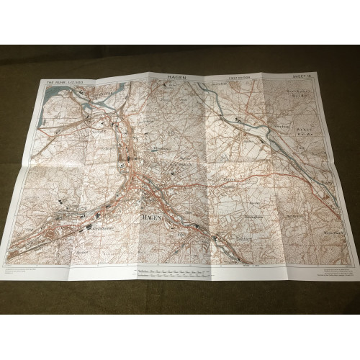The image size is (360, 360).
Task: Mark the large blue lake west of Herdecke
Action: coord(68,94)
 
